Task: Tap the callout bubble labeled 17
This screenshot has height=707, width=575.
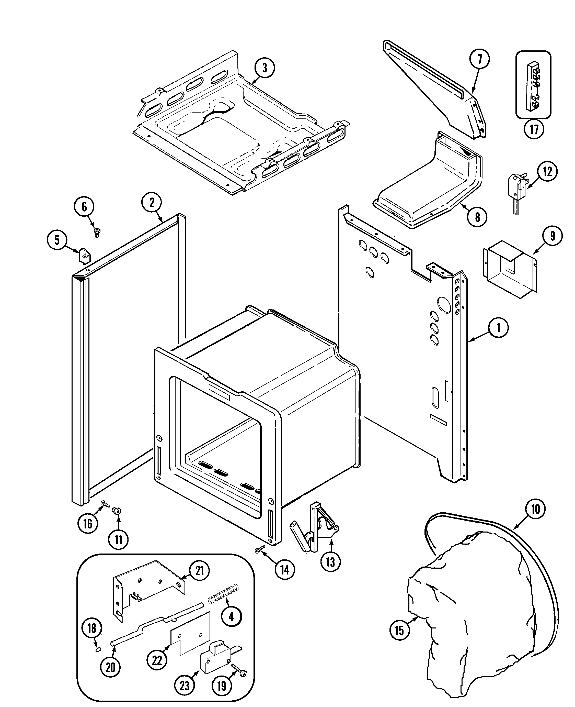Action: [x=534, y=129]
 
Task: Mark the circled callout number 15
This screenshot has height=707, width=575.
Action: [x=399, y=630]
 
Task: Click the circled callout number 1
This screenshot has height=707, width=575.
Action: [x=498, y=328]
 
